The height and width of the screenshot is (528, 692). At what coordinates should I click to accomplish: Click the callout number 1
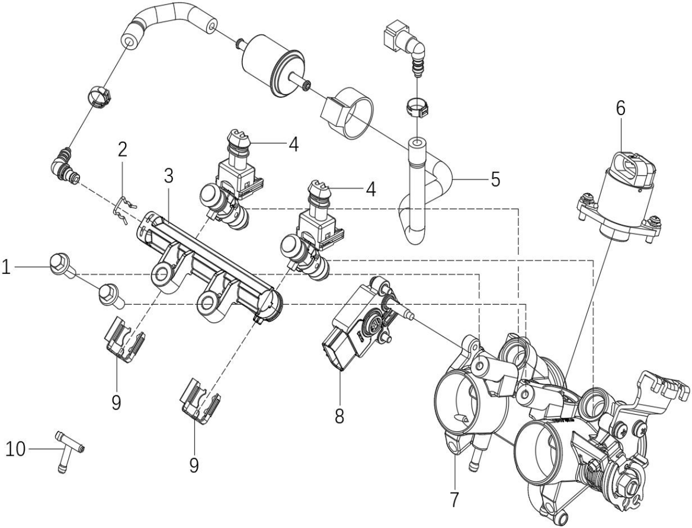tap(6, 267)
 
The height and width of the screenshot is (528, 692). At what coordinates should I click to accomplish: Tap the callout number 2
tap(122, 150)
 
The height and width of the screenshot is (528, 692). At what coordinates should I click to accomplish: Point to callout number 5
tap(495, 179)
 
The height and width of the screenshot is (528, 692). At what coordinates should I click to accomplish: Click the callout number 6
tap(620, 108)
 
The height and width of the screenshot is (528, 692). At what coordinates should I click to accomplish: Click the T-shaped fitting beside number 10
tap(68, 451)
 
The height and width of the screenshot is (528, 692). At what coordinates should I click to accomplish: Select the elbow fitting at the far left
tap(65, 165)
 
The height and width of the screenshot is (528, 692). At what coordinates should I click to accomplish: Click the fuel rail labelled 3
tap(210, 269)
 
